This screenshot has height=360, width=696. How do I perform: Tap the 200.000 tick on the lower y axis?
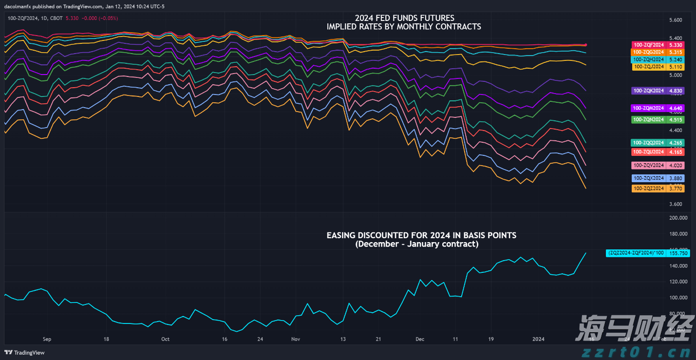pyautogui.click(x=674, y=218)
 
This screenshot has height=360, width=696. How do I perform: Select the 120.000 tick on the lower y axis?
pyautogui.click(x=674, y=282)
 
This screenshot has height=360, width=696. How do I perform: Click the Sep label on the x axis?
pyautogui.click(x=47, y=339)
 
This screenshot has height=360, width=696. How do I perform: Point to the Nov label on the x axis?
pyautogui.click(x=295, y=339)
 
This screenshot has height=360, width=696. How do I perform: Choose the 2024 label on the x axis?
pyautogui.click(x=539, y=339)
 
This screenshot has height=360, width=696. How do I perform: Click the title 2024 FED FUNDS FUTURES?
pyautogui.click(x=404, y=19)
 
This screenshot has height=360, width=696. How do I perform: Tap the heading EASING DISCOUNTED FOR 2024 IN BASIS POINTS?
pyautogui.click(x=421, y=235)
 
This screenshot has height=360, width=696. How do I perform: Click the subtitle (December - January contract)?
pyautogui.click(x=417, y=244)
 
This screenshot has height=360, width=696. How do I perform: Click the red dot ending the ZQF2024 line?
pyautogui.click(x=585, y=45)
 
